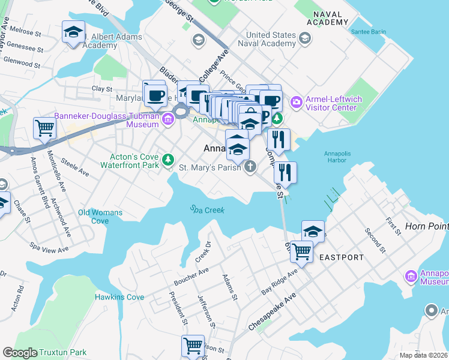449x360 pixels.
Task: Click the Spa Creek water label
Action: pos(207,210)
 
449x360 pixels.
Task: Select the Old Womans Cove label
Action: pos(100,217)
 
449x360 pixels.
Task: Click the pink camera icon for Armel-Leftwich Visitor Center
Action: pos(296,103)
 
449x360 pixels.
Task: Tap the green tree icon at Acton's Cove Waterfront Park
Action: pos(170,158)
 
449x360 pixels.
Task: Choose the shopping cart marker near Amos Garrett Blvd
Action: pos(45,128)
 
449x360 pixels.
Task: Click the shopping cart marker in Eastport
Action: pos(301,251)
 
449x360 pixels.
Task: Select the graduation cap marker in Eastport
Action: pos(313,231)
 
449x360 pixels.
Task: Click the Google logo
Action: pos(20,353)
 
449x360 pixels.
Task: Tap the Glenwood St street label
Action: pos(21,61)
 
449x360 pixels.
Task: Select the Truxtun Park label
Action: pos(64,353)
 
